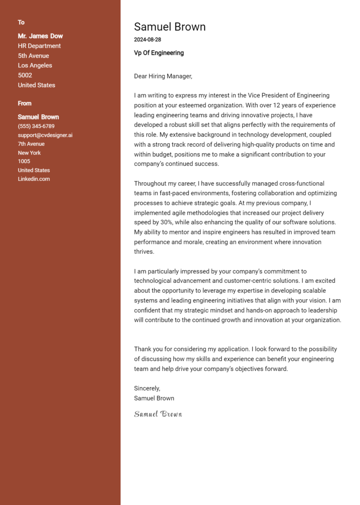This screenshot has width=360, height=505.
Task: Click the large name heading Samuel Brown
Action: [170, 27]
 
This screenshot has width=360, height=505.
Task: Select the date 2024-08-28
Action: [147, 40]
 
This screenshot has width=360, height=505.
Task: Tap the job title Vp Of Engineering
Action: [159, 53]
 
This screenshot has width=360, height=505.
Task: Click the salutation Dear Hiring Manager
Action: [163, 76]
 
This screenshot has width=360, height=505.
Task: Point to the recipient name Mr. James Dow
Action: [40, 36]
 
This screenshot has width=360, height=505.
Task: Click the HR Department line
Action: [39, 46]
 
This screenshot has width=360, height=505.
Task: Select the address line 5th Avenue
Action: [33, 56]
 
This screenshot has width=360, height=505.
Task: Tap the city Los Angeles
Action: [35, 66]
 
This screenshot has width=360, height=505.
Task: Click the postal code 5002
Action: [25, 75]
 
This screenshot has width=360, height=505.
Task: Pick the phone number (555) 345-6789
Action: [36, 126]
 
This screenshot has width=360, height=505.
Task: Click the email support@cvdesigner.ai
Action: [45, 135]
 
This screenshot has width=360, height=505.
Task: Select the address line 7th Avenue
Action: [31, 144]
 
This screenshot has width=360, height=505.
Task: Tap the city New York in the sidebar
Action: [29, 153]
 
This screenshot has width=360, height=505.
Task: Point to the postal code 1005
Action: [24, 162]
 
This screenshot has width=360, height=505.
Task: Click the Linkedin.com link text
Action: [34, 179]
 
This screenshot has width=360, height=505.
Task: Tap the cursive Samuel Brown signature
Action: [158, 414]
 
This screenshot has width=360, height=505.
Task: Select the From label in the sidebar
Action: [25, 104]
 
